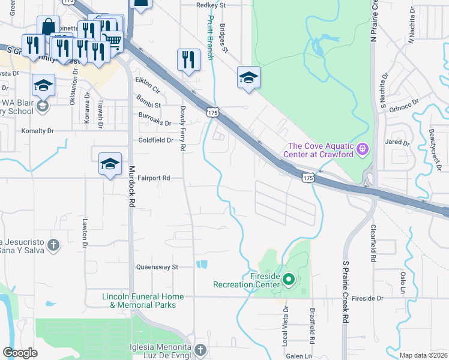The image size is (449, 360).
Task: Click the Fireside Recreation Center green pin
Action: coord(288,279)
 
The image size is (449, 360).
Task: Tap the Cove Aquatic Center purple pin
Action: coord(361,148)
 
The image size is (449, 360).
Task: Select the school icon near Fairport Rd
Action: coord(110,164)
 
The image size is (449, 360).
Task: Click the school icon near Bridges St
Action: coord(249,77)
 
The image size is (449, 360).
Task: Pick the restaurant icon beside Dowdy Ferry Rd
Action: coord(188,60)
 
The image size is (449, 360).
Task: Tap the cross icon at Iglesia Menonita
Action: coord(200,349)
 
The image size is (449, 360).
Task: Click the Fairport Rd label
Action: coord(154,178)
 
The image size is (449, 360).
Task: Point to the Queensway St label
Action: coord(158,267)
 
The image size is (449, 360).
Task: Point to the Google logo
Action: coord(20,353)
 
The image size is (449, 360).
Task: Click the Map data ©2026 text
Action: coord(424,355)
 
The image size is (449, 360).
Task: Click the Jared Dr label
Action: coord(397,143)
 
